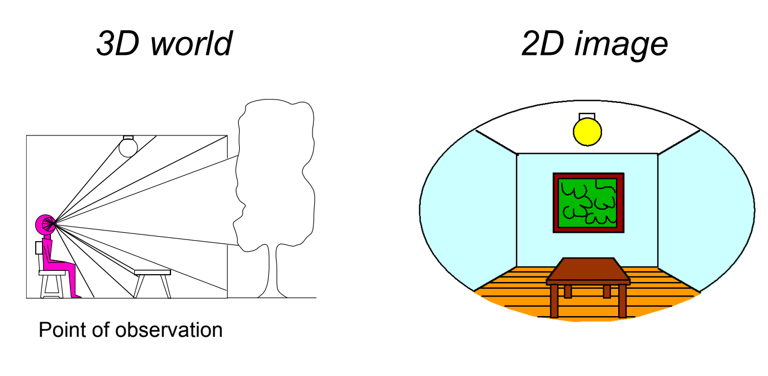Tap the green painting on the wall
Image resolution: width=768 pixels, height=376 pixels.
588,203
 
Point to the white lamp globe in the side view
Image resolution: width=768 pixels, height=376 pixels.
128,147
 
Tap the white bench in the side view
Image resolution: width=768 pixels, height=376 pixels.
152,272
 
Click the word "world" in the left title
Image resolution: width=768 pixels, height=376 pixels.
191,44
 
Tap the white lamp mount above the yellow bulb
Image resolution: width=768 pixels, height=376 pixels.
587,116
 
